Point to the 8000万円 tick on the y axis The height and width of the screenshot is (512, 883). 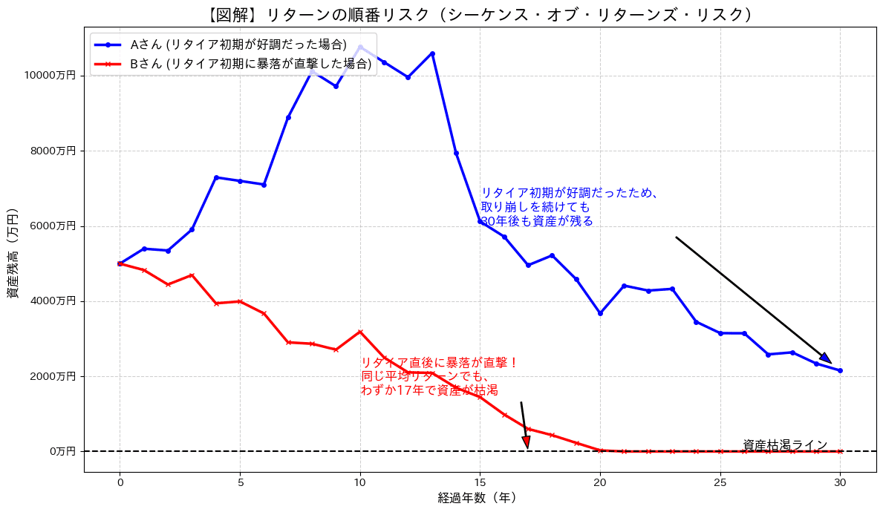56,151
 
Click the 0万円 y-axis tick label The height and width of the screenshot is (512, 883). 62,451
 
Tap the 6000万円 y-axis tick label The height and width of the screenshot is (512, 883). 56,226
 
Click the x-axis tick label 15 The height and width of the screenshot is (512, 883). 480,482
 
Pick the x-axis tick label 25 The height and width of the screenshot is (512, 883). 720,482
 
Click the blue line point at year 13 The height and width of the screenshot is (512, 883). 432,53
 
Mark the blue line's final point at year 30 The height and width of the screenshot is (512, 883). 840,370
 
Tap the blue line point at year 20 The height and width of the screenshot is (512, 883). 600,313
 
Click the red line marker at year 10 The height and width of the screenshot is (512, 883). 360,332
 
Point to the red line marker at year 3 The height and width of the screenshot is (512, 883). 192,275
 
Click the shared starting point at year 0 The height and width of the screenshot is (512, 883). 120,263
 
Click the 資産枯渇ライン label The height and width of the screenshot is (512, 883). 784,444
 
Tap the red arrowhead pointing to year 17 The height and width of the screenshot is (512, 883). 527,442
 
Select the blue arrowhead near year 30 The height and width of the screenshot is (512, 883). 826,358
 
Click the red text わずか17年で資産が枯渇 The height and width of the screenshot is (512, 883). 429,390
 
